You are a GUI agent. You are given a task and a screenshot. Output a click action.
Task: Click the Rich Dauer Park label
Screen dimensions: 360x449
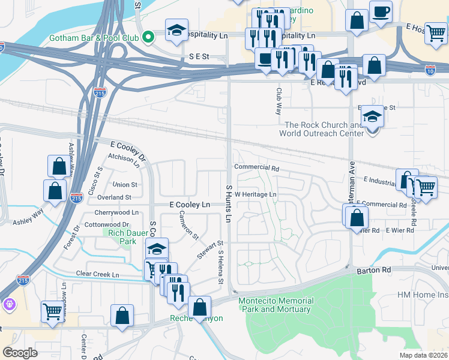click(x=119, y=236)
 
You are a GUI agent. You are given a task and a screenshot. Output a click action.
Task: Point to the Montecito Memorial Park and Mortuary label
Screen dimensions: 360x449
click(x=276, y=305)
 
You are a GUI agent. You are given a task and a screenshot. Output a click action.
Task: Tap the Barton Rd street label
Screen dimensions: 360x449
click(x=375, y=270)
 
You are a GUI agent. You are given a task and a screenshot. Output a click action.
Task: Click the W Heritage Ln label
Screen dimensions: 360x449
click(x=255, y=194)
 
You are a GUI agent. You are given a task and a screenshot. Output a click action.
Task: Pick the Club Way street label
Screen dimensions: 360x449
click(x=279, y=101)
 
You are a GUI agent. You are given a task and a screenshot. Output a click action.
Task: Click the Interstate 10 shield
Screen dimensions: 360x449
click(x=430, y=70)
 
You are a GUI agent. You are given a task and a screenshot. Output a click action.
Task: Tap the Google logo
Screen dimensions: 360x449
click(x=20, y=352)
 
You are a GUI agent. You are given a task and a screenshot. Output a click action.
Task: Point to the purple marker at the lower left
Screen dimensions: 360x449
click(x=9, y=305)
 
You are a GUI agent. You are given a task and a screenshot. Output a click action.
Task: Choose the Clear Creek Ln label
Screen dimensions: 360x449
click(x=98, y=274)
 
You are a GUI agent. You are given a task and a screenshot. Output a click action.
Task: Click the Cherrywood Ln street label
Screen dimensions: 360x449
click(x=116, y=212)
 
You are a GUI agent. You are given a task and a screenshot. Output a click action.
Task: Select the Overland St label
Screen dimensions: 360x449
click(x=115, y=197)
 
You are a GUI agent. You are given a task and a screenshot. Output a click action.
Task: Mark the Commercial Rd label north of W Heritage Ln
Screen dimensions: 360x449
click(x=257, y=168)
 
